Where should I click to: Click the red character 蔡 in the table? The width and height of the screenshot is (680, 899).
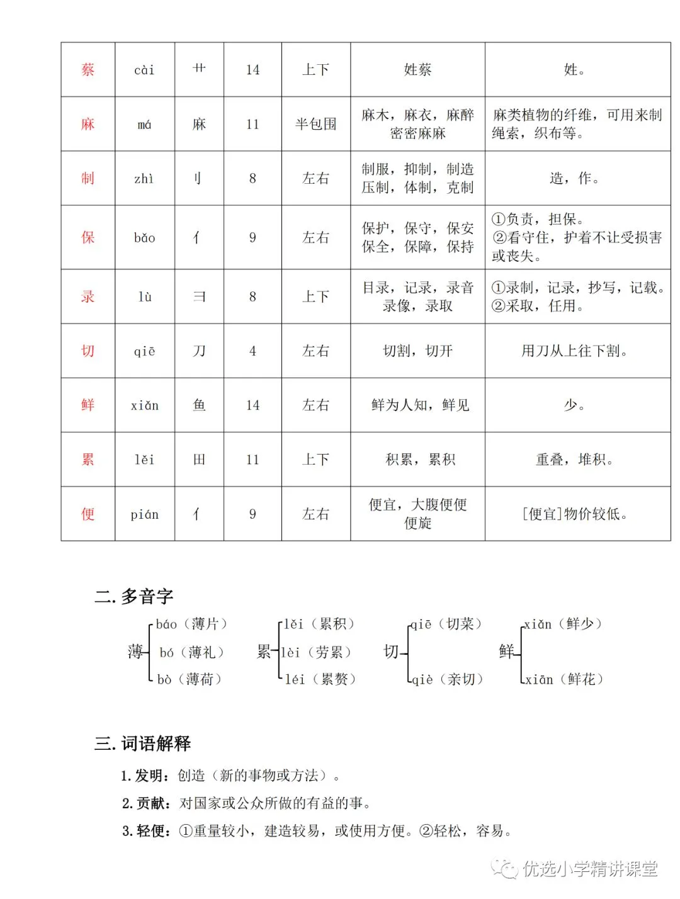88,70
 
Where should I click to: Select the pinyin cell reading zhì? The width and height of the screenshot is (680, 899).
144,179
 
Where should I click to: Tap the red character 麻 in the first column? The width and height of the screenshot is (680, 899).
88,124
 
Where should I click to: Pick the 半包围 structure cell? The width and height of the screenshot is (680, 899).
315,124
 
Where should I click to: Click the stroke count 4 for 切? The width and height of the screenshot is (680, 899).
252,351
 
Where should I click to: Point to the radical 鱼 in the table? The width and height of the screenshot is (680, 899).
199,405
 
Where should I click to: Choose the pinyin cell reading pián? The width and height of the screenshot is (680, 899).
144,514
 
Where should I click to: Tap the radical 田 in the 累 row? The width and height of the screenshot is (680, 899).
199,460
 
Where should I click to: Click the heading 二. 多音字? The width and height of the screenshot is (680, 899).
133,596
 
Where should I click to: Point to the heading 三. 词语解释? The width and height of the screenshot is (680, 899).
142,744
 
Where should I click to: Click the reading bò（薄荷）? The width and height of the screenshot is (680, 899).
190,679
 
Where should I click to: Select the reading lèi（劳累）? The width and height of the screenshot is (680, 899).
316,652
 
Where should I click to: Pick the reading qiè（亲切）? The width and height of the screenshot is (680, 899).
448,679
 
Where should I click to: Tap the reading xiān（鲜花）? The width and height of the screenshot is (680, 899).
564,679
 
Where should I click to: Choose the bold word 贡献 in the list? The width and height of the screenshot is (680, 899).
151,803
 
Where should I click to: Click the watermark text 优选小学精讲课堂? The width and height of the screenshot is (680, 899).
589,869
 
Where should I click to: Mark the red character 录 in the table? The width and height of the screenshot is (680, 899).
88,297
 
